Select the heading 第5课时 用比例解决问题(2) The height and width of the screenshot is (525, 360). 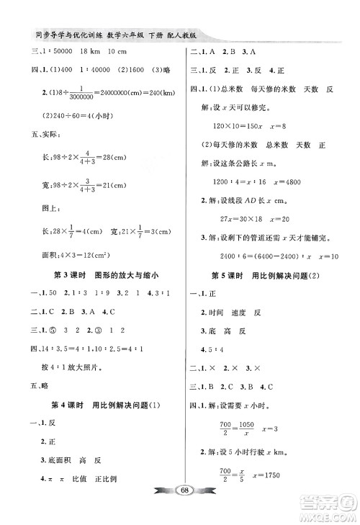[268, 276]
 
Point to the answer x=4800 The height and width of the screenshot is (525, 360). [274, 182]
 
